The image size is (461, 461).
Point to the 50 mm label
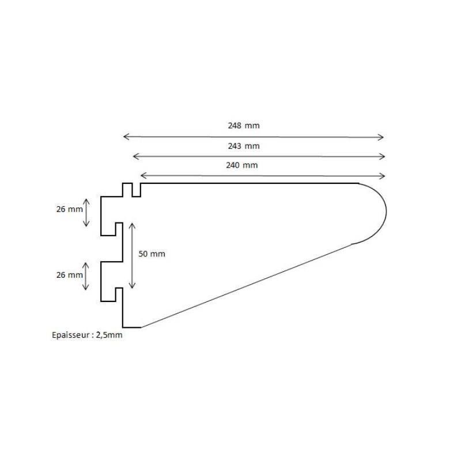tap(152, 254)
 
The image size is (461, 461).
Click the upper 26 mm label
tap(69, 210)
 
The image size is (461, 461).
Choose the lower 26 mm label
tap(69, 275)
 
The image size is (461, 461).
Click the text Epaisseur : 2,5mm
tap(87, 334)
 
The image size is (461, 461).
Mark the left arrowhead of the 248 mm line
tap(125, 137)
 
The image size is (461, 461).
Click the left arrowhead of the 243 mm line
tap(135, 156)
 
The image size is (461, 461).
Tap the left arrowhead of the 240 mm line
tap(142, 175)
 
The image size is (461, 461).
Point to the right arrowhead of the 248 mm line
tap(381, 137)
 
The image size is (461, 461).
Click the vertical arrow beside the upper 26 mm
tap(87, 212)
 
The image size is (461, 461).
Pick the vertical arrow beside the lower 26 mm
tap(87, 277)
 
